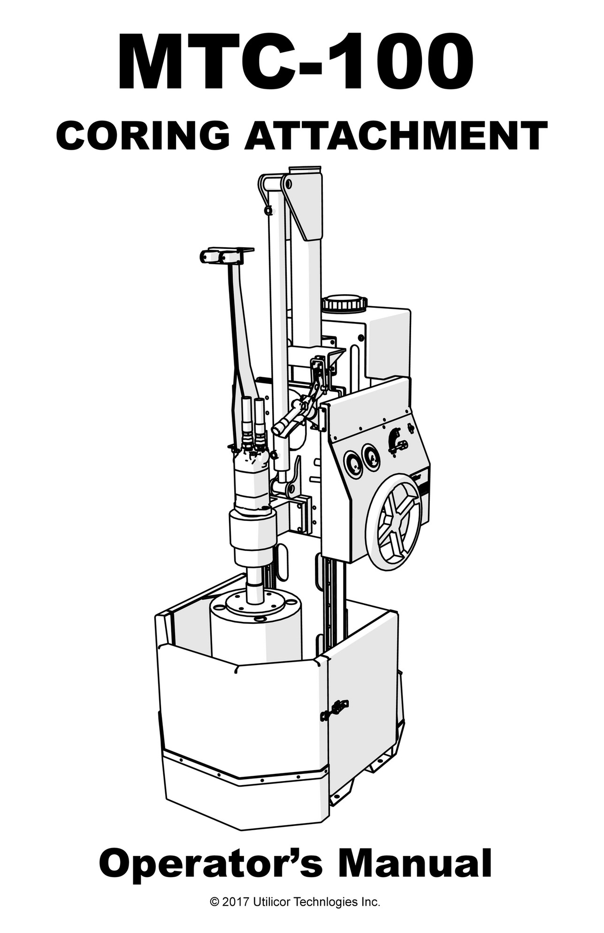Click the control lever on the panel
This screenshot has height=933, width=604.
tap(397, 442)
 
